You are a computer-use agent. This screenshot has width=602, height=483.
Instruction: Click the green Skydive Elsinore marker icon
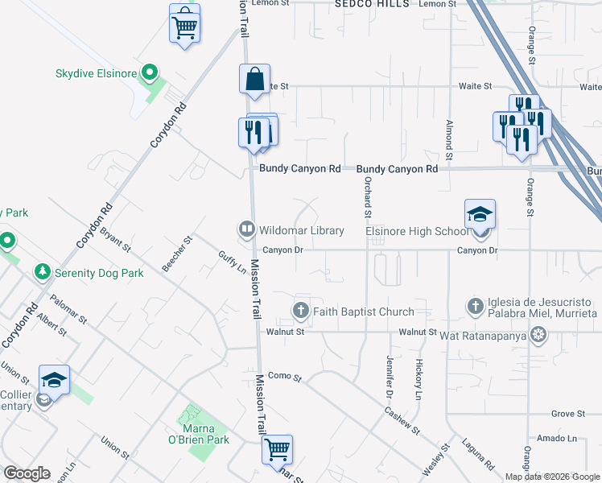tap(148, 74)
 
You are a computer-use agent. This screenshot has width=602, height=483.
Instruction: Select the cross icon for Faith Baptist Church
tap(301, 311)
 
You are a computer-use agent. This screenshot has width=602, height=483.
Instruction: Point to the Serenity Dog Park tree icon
tap(42, 273)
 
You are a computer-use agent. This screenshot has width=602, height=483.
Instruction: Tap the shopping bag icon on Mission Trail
tap(254, 80)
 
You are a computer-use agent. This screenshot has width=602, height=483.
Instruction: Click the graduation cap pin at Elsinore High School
tap(479, 215)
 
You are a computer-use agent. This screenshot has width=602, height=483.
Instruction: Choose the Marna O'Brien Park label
tap(204, 434)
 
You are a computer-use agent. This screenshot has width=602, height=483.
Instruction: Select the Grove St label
tap(567, 414)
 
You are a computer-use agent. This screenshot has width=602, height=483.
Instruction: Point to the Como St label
tap(284, 377)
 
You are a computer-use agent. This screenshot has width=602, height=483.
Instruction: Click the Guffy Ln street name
tap(232, 265)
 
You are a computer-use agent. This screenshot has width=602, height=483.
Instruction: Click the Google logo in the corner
tap(27, 473)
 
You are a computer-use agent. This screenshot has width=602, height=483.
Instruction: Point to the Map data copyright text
tap(552, 477)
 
